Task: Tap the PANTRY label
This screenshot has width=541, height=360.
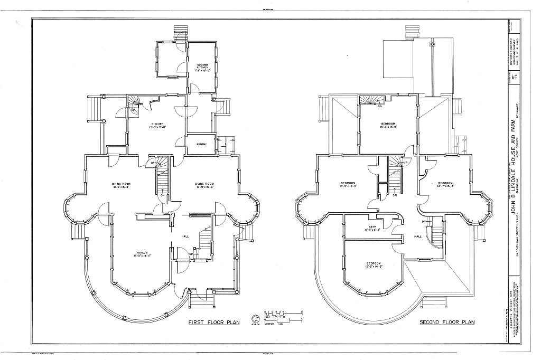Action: point(202,144)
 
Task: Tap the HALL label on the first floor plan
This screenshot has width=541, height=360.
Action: point(185,236)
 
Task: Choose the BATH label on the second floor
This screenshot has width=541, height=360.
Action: point(372,228)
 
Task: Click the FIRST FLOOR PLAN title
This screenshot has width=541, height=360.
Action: point(210,321)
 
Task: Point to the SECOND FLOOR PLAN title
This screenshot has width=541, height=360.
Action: point(447,321)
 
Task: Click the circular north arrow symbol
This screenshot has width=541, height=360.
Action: point(256,318)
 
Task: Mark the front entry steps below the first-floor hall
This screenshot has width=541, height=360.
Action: point(202,302)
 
